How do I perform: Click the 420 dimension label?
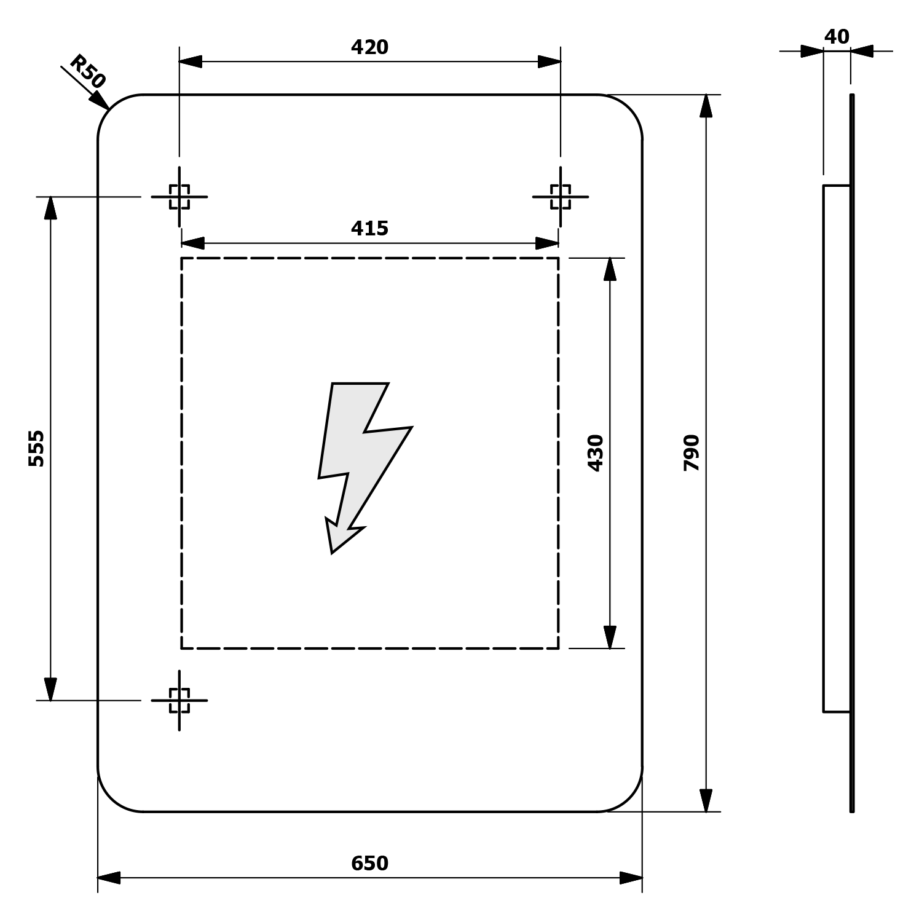(x=369, y=47)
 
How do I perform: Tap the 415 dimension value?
(x=369, y=229)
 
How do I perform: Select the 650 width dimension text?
(x=369, y=864)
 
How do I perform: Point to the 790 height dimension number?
(x=691, y=453)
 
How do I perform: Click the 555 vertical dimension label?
(x=37, y=448)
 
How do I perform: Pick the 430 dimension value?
(x=596, y=453)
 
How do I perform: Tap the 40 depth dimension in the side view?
(x=837, y=37)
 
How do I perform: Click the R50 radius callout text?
(x=87, y=71)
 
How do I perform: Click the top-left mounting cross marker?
(x=179, y=197)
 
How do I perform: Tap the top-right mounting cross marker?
(x=561, y=197)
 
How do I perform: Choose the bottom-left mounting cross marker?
(x=179, y=700)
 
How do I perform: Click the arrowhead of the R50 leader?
(x=101, y=101)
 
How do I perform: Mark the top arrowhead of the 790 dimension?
(x=706, y=106)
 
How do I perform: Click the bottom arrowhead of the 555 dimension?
(x=50, y=689)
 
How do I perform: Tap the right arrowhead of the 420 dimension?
(x=550, y=61)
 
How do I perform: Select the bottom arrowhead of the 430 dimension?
(x=610, y=637)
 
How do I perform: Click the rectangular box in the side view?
(x=837, y=448)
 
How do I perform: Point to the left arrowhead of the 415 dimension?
(x=192, y=243)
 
